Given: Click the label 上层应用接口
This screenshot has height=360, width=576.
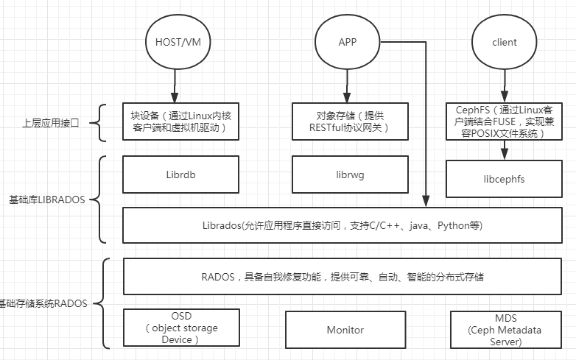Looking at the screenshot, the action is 51,123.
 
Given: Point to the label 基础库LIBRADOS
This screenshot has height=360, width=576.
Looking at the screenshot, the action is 47,200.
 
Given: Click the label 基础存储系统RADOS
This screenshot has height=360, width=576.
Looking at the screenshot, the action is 43,303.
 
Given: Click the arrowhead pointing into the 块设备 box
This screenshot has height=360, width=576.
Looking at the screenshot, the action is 175,98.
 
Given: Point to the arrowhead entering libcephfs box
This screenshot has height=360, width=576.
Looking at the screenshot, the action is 505,154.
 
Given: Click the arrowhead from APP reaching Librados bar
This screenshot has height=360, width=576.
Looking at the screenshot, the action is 426,202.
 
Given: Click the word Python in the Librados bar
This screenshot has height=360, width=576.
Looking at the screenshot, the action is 453,225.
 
